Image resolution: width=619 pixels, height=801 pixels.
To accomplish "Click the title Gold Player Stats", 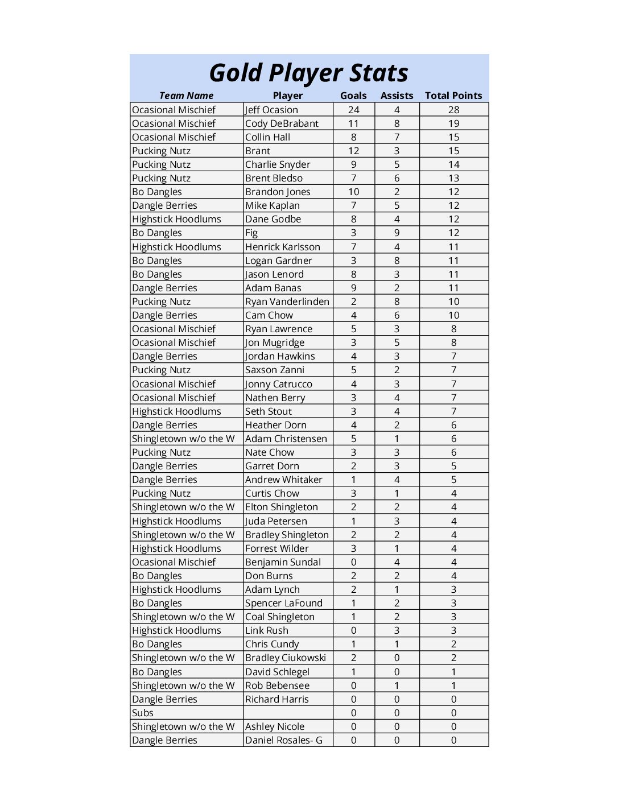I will tap(308, 73).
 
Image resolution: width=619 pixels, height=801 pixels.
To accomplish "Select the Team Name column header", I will tap(186, 96).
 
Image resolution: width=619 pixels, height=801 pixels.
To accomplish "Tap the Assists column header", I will tap(397, 96).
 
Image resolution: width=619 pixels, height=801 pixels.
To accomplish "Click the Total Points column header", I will tap(453, 96).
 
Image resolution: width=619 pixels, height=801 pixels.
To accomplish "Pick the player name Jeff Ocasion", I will tap(271, 110).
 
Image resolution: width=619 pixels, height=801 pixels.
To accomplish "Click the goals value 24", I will tap(353, 110).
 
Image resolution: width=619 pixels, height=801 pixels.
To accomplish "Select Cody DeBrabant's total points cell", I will tap(453, 123).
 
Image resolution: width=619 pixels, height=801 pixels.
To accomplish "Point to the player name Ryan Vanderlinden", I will tap(287, 302).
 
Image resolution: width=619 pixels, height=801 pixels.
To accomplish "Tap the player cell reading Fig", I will tap(251, 233).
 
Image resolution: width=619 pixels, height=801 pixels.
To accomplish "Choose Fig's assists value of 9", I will tap(397, 233).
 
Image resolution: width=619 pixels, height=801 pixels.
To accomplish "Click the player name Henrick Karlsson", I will tap(282, 247).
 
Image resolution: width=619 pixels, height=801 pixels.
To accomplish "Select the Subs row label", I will tap(143, 713).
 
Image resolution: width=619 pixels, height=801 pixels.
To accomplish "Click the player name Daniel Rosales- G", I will tap(283, 740).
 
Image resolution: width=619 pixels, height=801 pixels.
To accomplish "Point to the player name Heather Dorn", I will tap(275, 425).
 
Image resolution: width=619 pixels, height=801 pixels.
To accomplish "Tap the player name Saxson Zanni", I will tap(274, 370).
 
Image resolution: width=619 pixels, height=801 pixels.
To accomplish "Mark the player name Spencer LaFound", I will tap(283, 603).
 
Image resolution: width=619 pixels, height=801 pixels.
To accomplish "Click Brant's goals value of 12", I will tap(353, 151).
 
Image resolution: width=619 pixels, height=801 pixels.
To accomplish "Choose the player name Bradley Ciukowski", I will tap(285, 658).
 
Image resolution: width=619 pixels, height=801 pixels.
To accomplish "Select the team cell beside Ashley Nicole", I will tap(183, 726).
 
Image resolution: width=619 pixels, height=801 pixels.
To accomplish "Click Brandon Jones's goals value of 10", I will tap(353, 192).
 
